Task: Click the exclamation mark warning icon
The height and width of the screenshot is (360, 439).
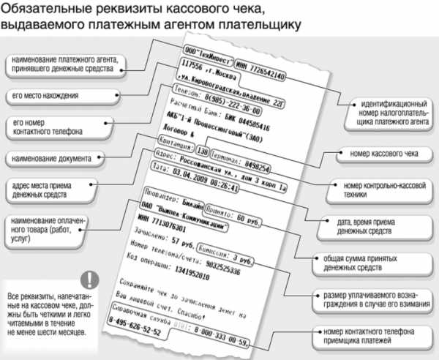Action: pyautogui.click(x=89, y=280)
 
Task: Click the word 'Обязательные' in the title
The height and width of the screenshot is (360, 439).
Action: pyautogui.click(x=45, y=10)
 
